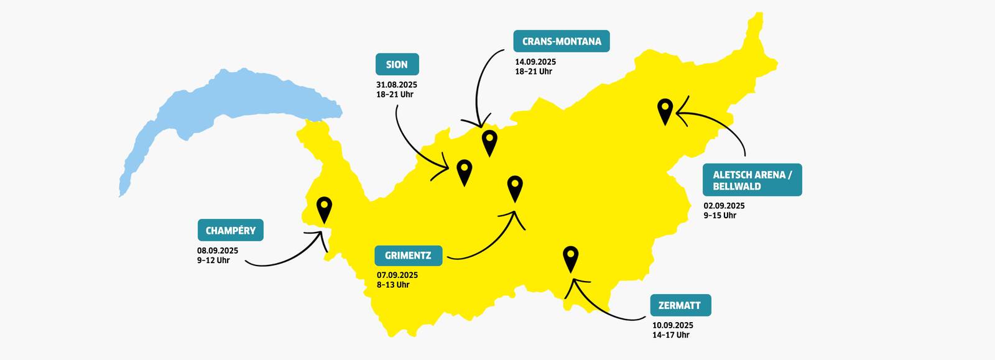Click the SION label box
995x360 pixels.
397,65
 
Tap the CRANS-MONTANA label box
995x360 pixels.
561,42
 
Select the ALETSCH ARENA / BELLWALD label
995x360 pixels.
752,180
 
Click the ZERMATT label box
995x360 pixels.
679,305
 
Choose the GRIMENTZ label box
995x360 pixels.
408,256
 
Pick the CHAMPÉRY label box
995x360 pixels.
230,230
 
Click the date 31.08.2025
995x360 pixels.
396,85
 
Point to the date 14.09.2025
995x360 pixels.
535,62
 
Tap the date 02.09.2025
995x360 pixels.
724,206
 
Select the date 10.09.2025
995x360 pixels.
672,325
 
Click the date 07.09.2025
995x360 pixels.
397,275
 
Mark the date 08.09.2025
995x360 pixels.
218,251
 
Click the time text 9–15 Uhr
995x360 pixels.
720,216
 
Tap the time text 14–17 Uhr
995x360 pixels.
670,335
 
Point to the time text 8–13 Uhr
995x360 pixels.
393,285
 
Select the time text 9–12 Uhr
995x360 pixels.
213,261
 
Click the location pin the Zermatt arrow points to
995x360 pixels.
570,257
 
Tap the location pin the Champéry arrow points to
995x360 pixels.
324,208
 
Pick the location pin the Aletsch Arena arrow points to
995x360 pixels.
665,110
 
